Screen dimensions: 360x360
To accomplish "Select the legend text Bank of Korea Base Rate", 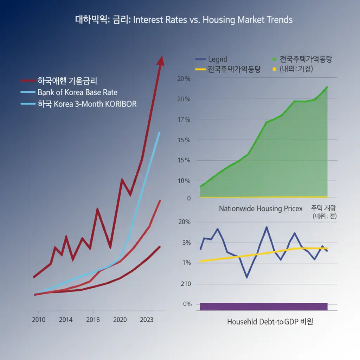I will [x=77, y=92].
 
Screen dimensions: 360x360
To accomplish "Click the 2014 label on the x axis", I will [x=66, y=320].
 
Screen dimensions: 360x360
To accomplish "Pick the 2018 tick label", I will [x=93, y=320].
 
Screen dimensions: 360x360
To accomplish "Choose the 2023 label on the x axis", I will [x=146, y=320].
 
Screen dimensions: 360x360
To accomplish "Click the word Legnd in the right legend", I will [x=218, y=59].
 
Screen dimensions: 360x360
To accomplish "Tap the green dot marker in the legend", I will [x=274, y=59].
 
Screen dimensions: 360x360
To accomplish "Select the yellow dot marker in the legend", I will [x=274, y=69].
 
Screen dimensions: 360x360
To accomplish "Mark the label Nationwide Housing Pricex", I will [x=261, y=208].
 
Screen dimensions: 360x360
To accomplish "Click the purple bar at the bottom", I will [x=264, y=306].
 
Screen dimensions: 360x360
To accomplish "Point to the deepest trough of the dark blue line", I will [x=247, y=277].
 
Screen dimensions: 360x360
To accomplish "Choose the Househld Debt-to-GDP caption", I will [x=270, y=322].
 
